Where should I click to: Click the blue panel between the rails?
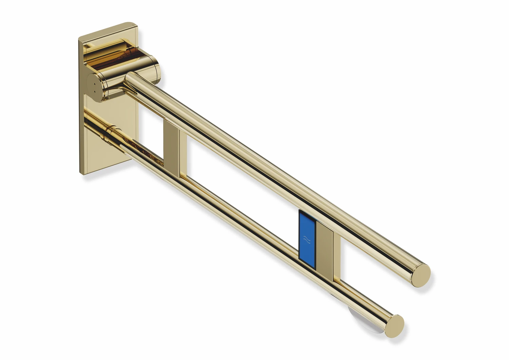pos(307,239)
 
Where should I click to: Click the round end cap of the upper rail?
pos(421,275)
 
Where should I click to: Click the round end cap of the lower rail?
pos(394,326)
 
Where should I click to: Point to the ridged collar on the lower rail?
pos(112,130)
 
